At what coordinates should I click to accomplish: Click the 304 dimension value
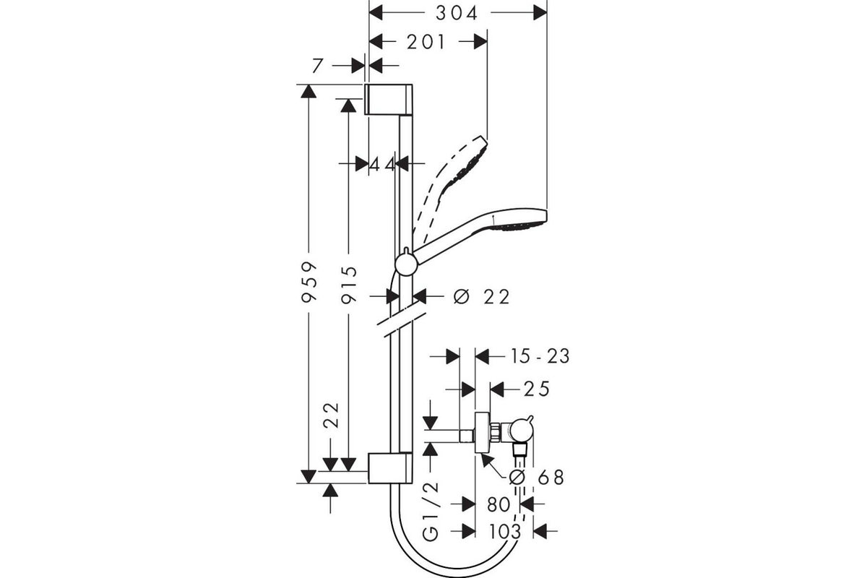[457, 14]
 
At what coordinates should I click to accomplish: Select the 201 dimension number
[426, 42]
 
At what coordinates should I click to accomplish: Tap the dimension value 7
[317, 66]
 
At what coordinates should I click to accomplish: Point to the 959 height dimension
[309, 282]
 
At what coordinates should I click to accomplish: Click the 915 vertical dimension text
[349, 285]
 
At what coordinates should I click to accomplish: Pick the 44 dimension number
[382, 165]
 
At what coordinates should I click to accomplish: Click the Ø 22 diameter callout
[481, 297]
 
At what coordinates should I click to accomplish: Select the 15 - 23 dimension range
[540, 356]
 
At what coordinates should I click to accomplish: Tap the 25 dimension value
[536, 389]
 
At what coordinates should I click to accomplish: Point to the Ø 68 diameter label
[536, 478]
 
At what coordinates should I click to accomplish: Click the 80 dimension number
[498, 504]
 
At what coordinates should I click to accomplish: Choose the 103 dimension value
[505, 532]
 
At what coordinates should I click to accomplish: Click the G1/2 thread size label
[431, 512]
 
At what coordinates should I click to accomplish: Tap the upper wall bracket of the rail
[389, 100]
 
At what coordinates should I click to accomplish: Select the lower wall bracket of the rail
[389, 467]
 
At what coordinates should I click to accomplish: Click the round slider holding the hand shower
[406, 264]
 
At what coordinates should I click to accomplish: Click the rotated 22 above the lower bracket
[332, 415]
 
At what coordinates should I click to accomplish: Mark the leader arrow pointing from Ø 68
[495, 465]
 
